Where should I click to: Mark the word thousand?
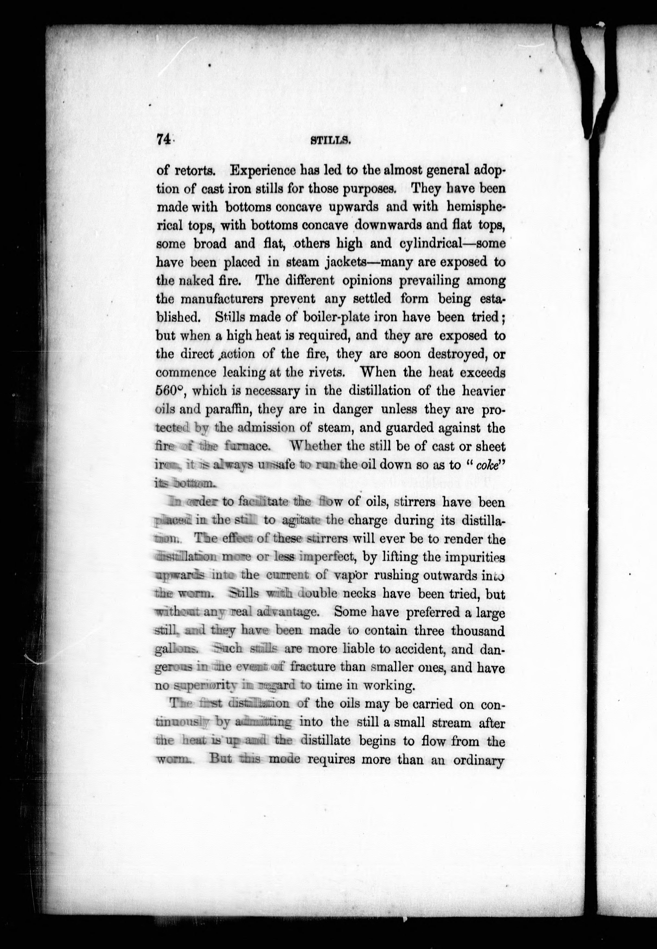click(x=477, y=631)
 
